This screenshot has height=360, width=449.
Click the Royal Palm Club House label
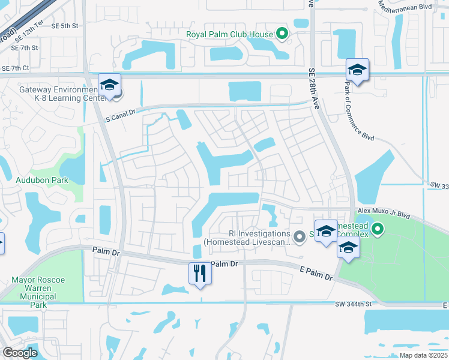pos(229,34)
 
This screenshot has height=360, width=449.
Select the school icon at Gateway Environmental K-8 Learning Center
pos(109,85)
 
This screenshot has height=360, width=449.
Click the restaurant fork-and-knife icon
pos(200,273)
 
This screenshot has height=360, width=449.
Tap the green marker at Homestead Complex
pos(377,229)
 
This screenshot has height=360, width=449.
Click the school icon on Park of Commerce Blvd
pos(357,70)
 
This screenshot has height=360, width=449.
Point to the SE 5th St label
pos(65,26)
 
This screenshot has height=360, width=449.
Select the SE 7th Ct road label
pos(16,69)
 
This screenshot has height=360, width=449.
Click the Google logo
pos(20,353)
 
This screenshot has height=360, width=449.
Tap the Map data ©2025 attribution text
pos(423,355)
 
